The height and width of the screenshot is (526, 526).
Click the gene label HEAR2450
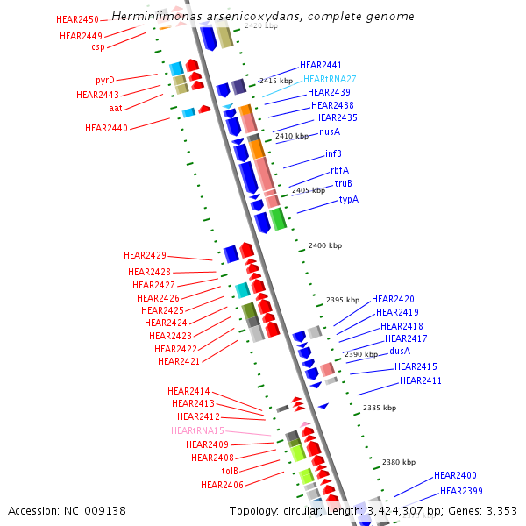[x=76, y=18]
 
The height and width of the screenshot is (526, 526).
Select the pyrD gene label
[x=105, y=80]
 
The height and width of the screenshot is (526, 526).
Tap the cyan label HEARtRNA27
[x=330, y=79]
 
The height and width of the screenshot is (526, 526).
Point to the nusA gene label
[x=330, y=131]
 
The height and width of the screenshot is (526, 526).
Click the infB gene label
[x=333, y=153]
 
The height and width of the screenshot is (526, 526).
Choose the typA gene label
[x=349, y=199]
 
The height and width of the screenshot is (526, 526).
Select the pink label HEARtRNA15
[x=198, y=430]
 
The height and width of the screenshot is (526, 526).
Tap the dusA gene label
[x=400, y=351]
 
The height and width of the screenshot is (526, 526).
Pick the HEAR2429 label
[x=145, y=255]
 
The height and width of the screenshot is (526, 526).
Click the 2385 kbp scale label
[x=379, y=408]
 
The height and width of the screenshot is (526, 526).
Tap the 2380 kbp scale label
[x=398, y=462]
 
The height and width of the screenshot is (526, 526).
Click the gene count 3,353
[x=501, y=511]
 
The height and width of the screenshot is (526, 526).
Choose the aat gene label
[x=116, y=108]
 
